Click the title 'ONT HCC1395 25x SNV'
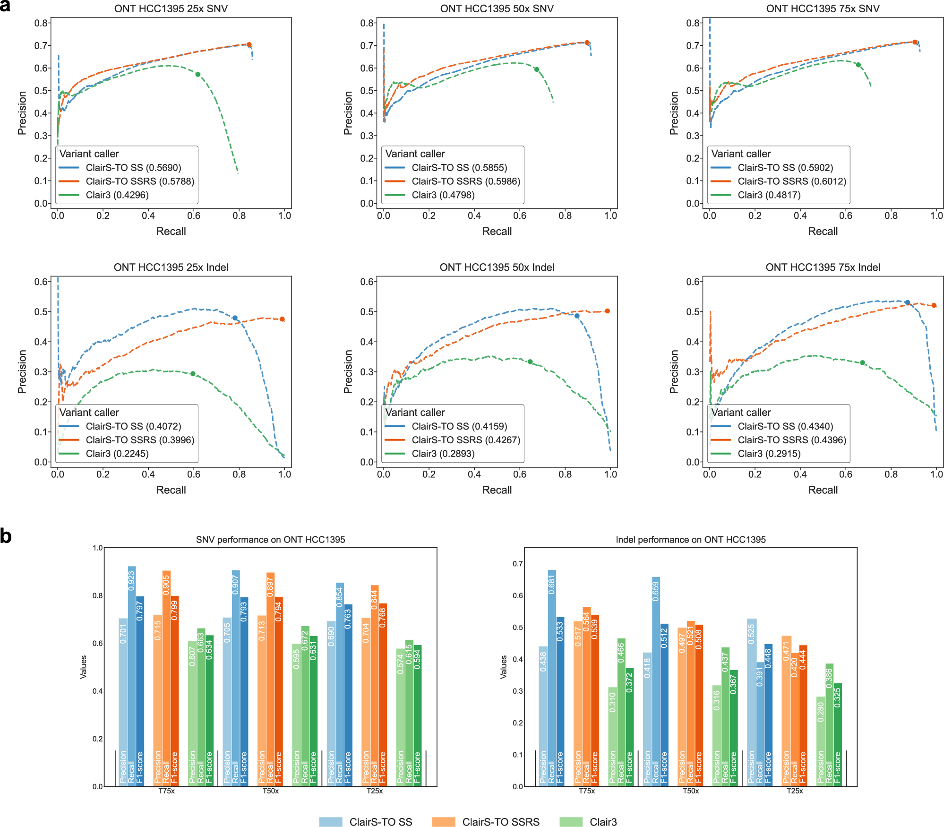click(171, 9)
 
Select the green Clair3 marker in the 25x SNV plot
click(198, 75)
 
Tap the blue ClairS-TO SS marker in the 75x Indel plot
click(907, 302)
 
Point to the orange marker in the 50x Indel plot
click(607, 311)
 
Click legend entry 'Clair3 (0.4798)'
click(443, 195)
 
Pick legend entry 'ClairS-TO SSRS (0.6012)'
click(792, 181)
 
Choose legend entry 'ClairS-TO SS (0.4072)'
click(133, 426)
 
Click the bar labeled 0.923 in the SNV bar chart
click(132, 662)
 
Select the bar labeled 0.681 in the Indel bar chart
click(552, 662)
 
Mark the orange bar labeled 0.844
click(374, 671)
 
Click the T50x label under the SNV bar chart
click(271, 791)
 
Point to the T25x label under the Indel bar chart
click(795, 791)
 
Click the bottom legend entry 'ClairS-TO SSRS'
click(500, 822)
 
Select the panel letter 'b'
click(6, 537)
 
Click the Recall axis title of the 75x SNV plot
click(823, 232)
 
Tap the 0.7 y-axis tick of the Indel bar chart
click(518, 564)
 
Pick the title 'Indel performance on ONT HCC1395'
click(690, 540)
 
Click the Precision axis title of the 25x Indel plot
click(22, 371)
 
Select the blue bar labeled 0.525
click(752, 685)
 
